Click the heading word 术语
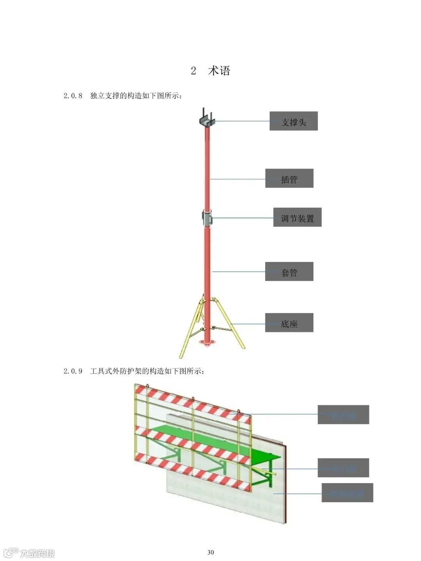point(219,71)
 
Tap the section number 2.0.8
point(73,96)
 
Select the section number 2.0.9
point(73,371)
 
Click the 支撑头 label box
point(294,121)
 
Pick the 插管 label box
point(289,179)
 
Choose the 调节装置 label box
point(297,217)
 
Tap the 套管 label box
point(289,272)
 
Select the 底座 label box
point(289,323)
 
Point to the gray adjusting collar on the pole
point(207,217)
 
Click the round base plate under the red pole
point(207,342)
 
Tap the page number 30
point(210,552)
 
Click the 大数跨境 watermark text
point(37,553)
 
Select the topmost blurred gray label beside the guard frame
point(343,415)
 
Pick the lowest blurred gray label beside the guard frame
point(347,493)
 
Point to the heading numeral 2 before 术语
point(193,71)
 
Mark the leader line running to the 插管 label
point(238,179)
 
